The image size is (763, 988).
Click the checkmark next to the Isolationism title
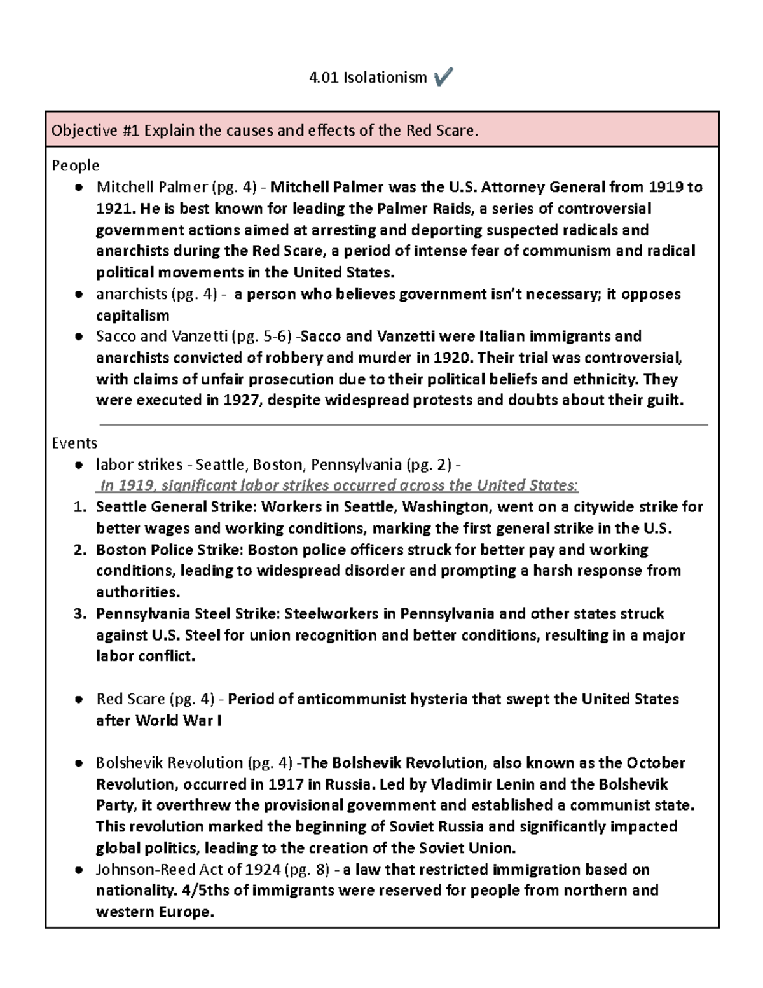click(443, 78)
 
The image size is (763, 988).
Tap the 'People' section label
click(75, 165)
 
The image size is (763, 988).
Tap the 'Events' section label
click(74, 443)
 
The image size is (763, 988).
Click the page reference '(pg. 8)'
click(307, 870)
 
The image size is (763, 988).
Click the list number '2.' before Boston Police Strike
click(79, 550)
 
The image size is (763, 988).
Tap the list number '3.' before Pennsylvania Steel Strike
click(79, 614)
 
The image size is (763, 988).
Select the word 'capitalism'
click(132, 316)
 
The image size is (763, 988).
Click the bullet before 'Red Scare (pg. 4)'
click(78, 700)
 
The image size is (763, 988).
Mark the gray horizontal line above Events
click(404, 424)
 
